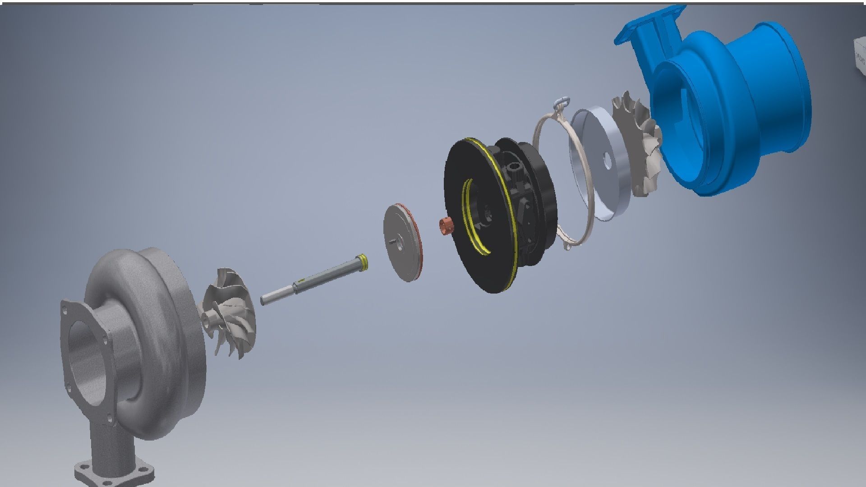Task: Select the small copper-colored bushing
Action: click(446, 225)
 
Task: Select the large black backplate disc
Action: click(469, 253)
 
